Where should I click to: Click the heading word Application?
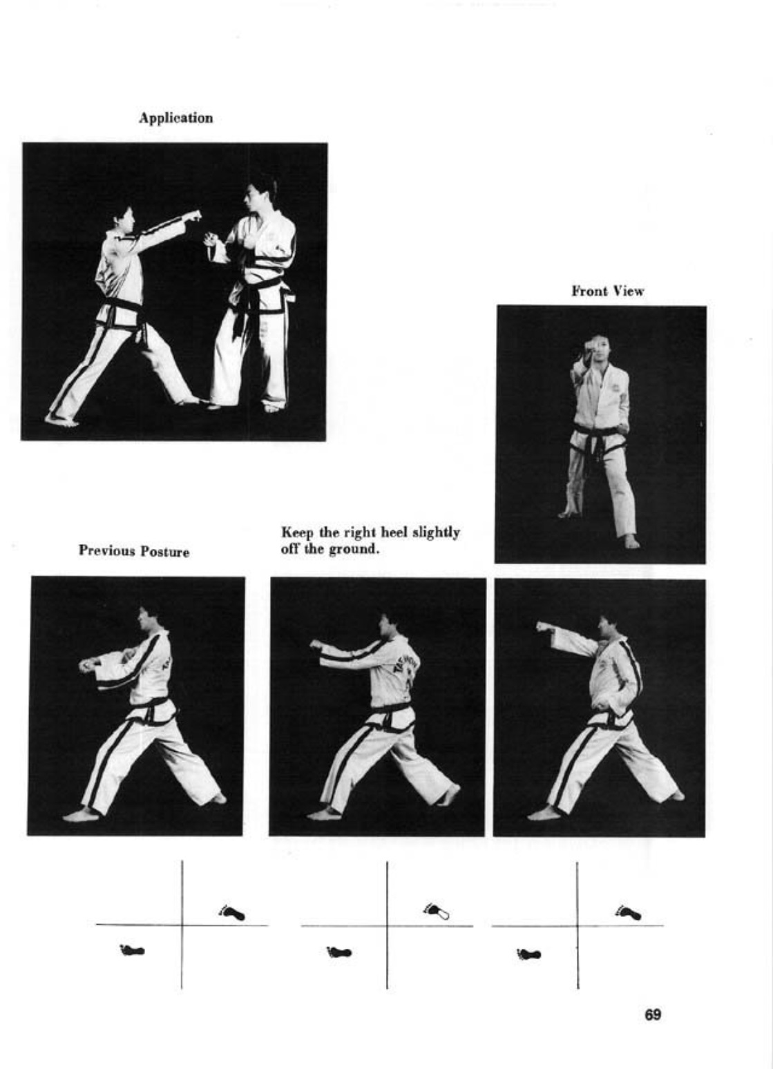[175, 118]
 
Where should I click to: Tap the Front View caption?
[607, 291]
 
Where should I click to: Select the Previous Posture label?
[134, 551]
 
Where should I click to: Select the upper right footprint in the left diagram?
[231, 912]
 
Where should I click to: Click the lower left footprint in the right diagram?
[528, 954]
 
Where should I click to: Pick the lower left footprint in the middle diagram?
[338, 952]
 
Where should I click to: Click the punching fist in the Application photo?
[193, 215]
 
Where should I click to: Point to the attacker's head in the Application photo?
[124, 220]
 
